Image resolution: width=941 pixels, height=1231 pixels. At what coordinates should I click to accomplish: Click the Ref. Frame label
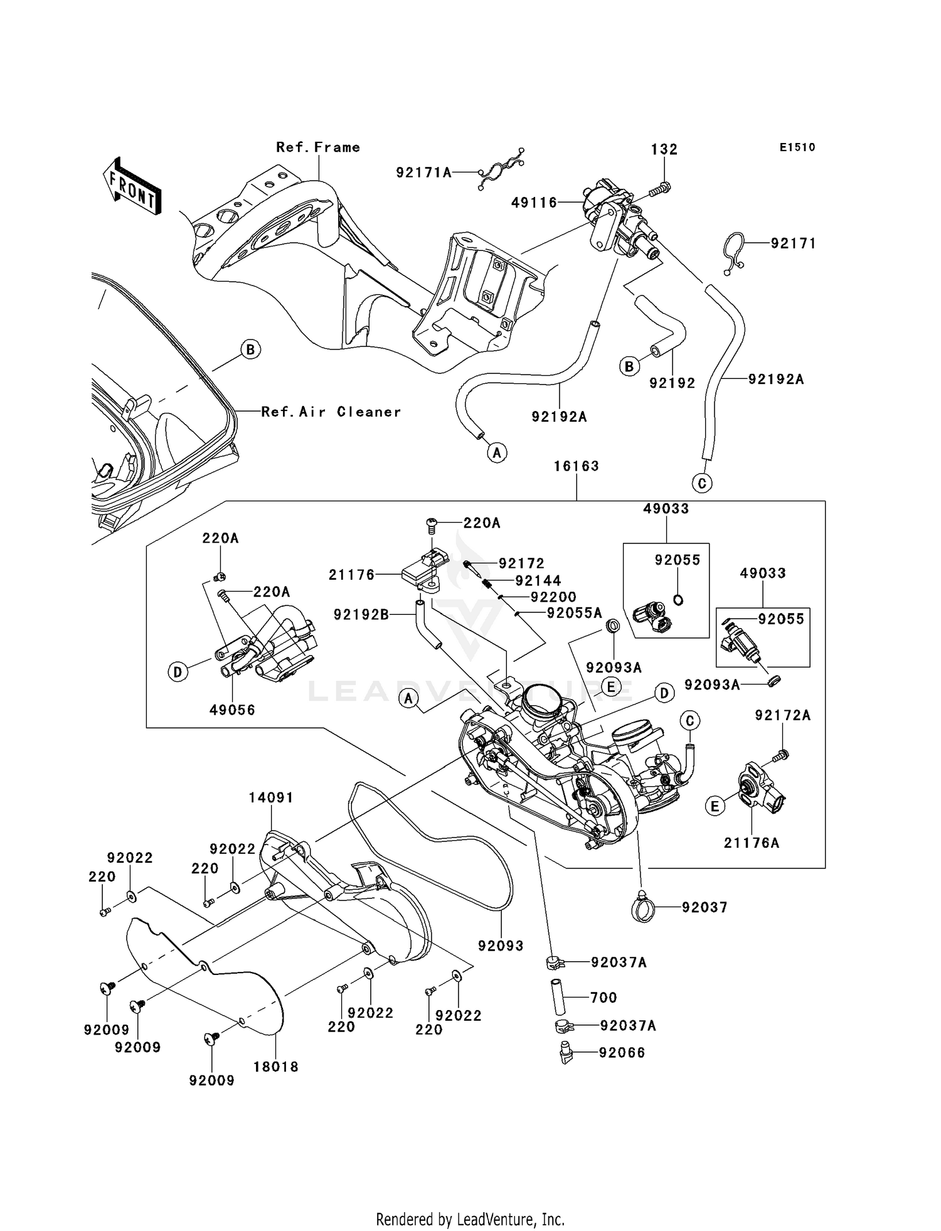(x=318, y=147)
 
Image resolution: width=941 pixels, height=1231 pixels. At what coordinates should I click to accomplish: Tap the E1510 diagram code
(x=797, y=147)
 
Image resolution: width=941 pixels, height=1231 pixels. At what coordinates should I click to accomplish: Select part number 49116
(x=534, y=203)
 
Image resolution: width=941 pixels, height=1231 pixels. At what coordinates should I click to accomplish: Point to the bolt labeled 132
(x=659, y=188)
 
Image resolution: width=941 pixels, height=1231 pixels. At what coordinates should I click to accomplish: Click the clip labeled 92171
(x=732, y=253)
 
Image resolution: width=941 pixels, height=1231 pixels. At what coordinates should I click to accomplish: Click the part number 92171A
(x=423, y=172)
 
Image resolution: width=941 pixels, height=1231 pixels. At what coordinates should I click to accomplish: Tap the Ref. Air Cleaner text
(x=331, y=412)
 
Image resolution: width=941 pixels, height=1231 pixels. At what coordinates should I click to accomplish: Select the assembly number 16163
(x=577, y=466)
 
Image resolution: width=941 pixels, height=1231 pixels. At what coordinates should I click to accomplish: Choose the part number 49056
(x=232, y=710)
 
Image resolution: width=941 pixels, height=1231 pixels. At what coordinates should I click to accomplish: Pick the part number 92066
(x=622, y=1053)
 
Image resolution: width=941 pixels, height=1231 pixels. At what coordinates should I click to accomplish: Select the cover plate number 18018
(x=276, y=1067)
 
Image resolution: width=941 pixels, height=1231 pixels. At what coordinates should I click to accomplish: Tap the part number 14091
(x=270, y=797)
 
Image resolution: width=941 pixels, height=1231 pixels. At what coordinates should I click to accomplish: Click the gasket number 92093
(x=500, y=946)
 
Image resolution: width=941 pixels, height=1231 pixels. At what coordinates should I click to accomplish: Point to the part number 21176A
(x=751, y=843)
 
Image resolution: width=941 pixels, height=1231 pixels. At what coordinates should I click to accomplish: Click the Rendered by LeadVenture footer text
(x=470, y=1220)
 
